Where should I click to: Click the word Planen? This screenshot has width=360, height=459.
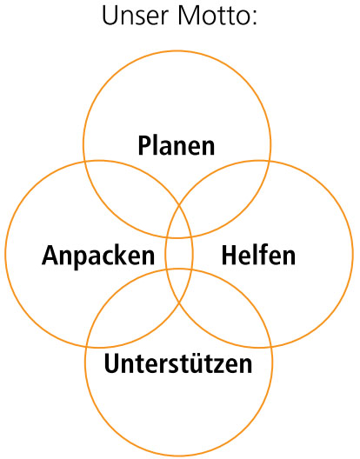(177, 145)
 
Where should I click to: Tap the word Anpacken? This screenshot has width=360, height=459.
(98, 256)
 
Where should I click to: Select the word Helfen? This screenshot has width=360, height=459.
(258, 255)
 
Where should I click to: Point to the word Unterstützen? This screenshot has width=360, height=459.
(177, 363)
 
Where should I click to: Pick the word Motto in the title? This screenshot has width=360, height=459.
(214, 17)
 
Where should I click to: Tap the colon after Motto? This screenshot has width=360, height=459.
(254, 19)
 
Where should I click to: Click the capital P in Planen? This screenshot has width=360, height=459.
(144, 145)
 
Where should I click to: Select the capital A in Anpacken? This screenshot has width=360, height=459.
(50, 256)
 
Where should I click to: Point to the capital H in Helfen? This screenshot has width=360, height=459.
(229, 256)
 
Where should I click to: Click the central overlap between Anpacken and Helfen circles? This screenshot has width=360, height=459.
(178, 253)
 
